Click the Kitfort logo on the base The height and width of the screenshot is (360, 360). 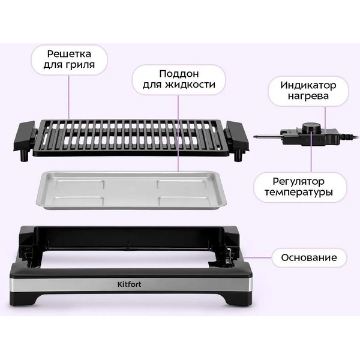click(x=129, y=284)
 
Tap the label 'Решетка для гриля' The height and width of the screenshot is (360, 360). click(x=69, y=59)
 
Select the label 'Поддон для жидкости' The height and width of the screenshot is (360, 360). click(x=179, y=79)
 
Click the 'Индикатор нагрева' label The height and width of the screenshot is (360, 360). click(x=308, y=91)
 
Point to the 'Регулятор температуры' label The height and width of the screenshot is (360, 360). click(x=298, y=187)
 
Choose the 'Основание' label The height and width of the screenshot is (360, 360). click(x=309, y=257)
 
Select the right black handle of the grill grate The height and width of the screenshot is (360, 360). click(x=238, y=135)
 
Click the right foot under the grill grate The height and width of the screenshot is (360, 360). click(x=238, y=156)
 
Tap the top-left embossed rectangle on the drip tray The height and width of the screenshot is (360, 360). click(x=80, y=185)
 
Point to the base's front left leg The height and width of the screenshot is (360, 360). click(x=25, y=301)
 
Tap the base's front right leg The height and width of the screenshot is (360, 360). click(x=236, y=300)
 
